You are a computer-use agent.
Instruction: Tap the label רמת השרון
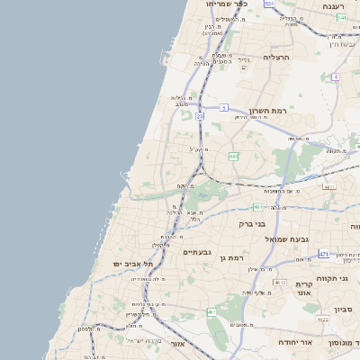click(x=267, y=111)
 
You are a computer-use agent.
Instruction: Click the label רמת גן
click(x=230, y=258)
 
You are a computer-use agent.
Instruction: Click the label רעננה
click(x=340, y=6)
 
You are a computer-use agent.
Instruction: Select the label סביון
click(x=343, y=310)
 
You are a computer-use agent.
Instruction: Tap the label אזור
click(x=177, y=344)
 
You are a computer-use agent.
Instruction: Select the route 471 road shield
click(x=323, y=255)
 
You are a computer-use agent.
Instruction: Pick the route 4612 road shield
click(x=280, y=282)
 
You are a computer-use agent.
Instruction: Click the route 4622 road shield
click(x=322, y=319)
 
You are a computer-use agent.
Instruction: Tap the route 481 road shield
click(x=257, y=207)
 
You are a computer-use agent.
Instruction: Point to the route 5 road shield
click(x=223, y=107)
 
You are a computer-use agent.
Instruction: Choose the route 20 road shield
click(x=200, y=116)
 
